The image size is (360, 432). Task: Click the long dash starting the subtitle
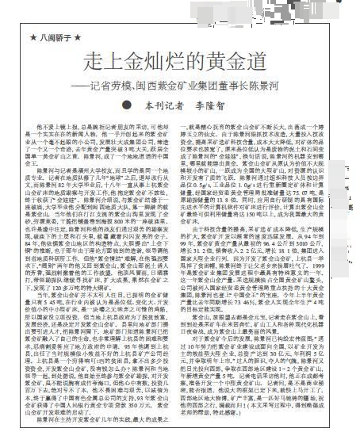point(79,84)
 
